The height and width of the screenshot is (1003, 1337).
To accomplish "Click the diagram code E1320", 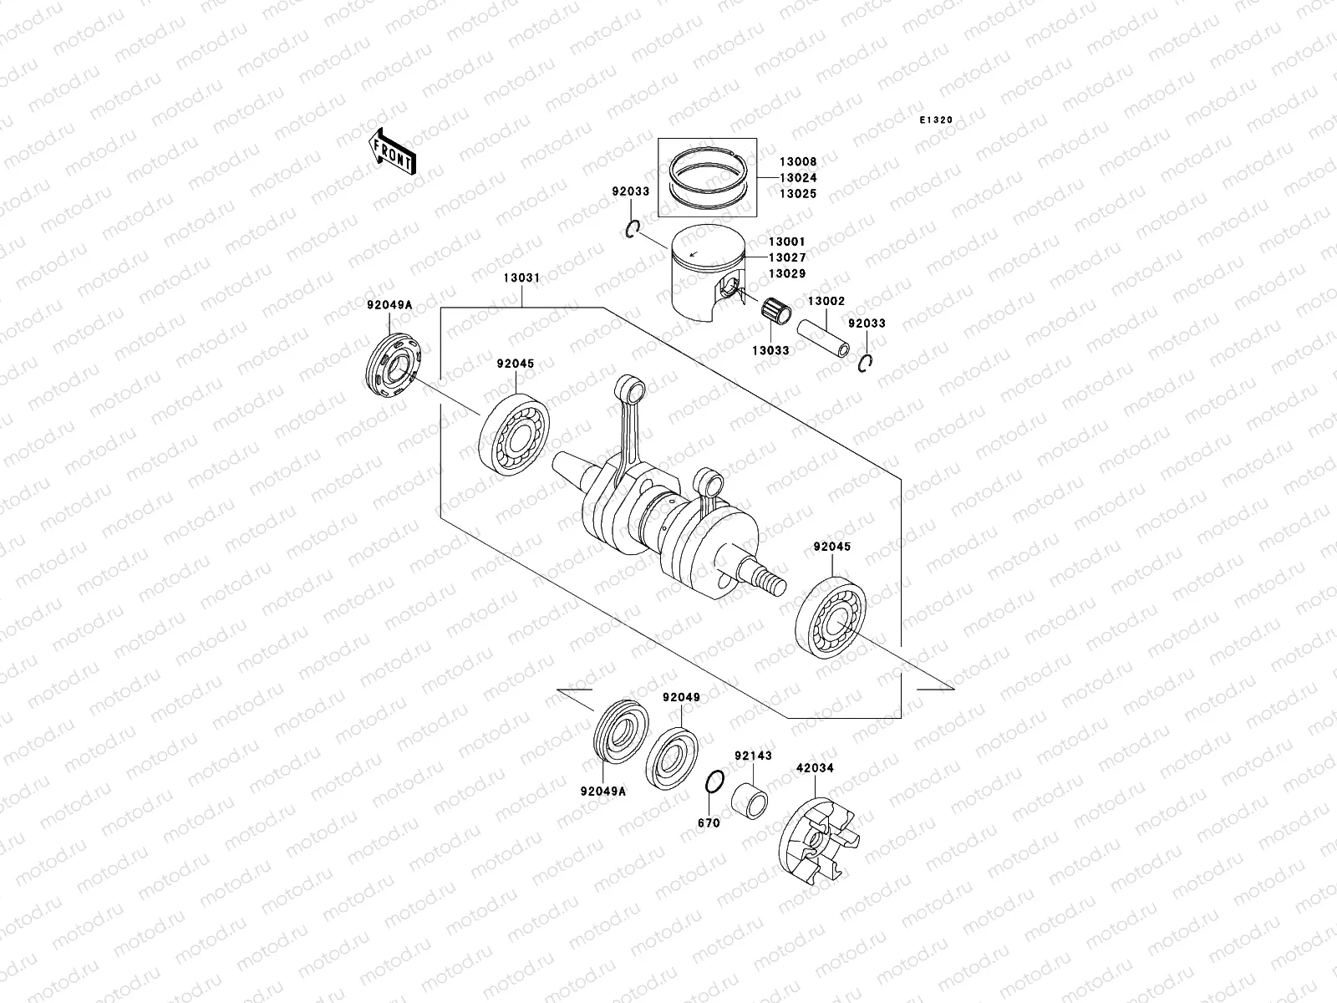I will point(937,120).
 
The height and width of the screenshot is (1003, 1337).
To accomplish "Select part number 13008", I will point(798,161).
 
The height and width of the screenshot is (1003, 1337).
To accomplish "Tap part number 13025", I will point(798,193).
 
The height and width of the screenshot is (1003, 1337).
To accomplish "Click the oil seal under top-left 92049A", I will point(395,365).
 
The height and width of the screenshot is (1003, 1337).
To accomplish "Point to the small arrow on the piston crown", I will point(693,251).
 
